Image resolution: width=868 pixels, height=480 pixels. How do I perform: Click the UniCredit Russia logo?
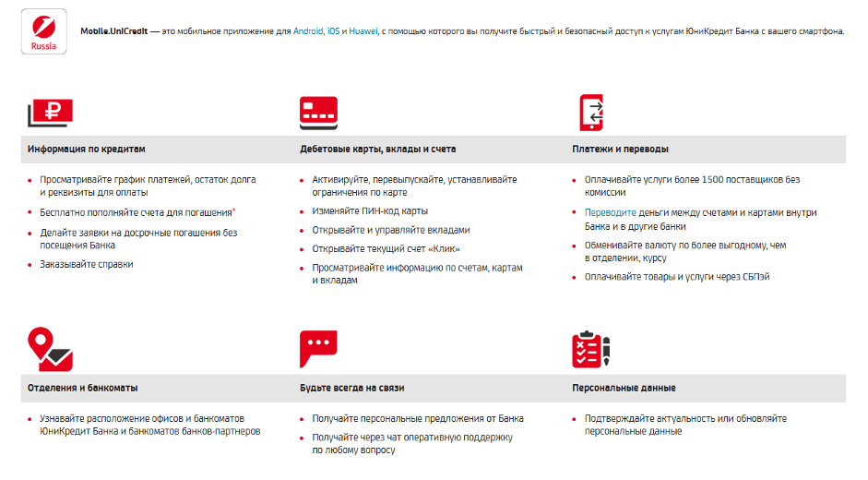point(42,32)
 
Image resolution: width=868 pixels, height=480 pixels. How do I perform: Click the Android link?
point(308,31)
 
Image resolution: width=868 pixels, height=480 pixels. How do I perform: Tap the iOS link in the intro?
point(334,31)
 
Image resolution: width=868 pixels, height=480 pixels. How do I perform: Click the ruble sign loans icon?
point(50,113)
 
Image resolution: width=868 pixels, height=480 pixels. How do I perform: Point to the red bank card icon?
point(318,113)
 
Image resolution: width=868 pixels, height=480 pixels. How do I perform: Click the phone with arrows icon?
point(590,113)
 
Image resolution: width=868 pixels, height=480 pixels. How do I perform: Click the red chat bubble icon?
point(318,349)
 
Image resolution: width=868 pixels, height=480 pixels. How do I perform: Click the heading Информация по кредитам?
point(86,149)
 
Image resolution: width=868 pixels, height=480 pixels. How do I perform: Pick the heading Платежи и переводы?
point(620,149)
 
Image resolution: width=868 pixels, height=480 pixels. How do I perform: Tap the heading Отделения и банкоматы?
point(82,388)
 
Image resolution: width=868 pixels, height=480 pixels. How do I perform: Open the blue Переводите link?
point(610,212)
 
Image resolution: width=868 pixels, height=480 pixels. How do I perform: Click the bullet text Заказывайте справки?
point(87,265)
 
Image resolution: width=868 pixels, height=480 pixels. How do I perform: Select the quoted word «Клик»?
point(443,249)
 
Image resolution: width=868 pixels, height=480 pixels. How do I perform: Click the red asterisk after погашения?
point(234,210)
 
